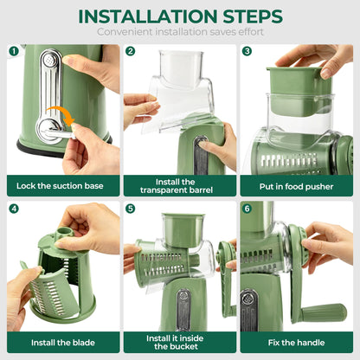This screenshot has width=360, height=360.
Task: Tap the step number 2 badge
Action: click(x=131, y=51)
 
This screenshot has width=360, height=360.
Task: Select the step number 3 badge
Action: click(x=247, y=51)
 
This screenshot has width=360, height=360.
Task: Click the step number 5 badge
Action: click(x=131, y=209)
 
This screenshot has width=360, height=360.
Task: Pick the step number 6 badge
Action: click(x=247, y=209)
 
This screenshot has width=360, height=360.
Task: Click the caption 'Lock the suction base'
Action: click(x=62, y=185)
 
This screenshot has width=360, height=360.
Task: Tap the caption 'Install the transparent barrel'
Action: click(x=179, y=185)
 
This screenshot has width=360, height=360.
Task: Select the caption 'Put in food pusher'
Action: click(x=296, y=185)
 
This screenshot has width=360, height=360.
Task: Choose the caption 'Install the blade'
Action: click(x=62, y=343)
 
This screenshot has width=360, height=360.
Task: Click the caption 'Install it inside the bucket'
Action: click(x=179, y=343)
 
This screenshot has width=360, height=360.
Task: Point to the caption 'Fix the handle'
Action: click(x=296, y=343)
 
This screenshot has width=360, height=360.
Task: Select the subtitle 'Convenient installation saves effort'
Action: click(x=180, y=32)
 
